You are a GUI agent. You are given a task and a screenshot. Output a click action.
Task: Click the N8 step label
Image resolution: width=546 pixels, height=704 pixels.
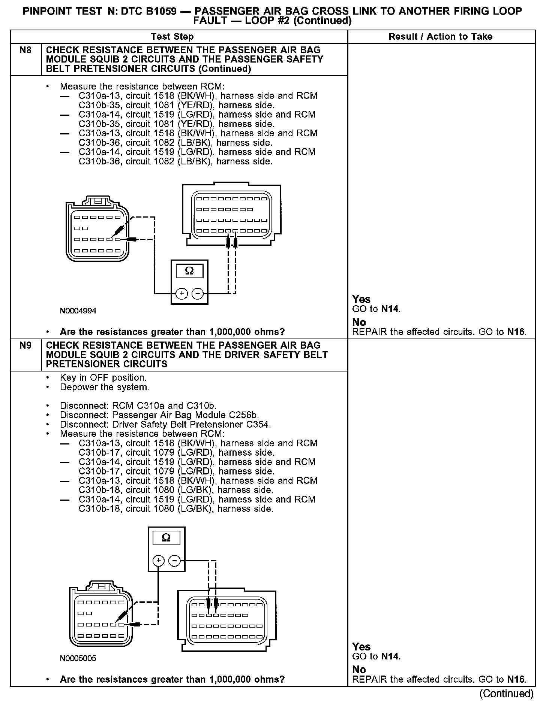coord(25,50)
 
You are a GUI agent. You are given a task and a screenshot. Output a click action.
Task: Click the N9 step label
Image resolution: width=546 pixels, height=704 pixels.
coord(25,345)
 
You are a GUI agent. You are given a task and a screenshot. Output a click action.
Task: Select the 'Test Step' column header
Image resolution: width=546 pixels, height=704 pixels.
coord(172,37)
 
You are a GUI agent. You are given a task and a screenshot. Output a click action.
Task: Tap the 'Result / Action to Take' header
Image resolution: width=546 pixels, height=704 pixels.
coord(440,37)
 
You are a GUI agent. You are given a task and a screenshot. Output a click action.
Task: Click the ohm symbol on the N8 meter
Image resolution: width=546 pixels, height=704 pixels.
coord(189,271)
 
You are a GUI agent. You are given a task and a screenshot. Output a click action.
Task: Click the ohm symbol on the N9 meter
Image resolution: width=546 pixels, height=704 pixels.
coord(166,538)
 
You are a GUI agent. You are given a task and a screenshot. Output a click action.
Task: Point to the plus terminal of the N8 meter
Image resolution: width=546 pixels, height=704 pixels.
coord(181,294)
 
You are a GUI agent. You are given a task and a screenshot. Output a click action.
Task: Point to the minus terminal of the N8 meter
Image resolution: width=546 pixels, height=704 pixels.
coord(197,294)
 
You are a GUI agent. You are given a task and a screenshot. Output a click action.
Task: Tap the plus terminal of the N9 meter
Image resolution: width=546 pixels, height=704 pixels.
coord(159,561)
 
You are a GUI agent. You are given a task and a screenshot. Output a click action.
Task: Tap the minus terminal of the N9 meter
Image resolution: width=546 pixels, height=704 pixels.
coord(174,561)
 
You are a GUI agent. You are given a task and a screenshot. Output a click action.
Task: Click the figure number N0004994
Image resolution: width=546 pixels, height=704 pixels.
coord(78,311)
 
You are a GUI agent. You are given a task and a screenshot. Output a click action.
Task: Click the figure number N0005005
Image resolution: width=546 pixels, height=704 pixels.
coord(78,658)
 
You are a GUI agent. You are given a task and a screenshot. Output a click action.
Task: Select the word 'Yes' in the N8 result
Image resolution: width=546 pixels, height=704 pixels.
coord(361,299)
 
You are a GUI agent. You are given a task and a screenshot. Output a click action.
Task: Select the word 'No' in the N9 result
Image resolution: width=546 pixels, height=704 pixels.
coord(359,669)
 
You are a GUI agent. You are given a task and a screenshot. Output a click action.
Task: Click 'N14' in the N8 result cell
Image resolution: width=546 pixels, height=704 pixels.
coord(390,309)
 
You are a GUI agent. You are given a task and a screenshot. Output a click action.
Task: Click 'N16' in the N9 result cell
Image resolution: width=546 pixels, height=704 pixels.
coord(516,679)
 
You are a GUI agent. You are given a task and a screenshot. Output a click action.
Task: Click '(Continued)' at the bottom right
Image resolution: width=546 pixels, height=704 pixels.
coord(506,694)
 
